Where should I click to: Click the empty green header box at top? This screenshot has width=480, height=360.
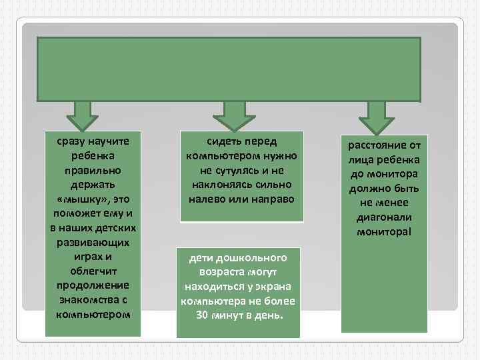pyautogui.click(x=229, y=68)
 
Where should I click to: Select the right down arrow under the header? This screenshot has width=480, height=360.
pyautogui.click(x=376, y=117)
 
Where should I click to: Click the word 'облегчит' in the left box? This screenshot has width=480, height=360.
pyautogui.click(x=94, y=271)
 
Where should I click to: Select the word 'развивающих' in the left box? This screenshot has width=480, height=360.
pyautogui.click(x=93, y=242)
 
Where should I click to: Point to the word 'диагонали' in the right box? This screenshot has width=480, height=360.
pyautogui.click(x=384, y=217)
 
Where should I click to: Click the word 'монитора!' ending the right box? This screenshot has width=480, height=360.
pyautogui.click(x=384, y=231)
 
